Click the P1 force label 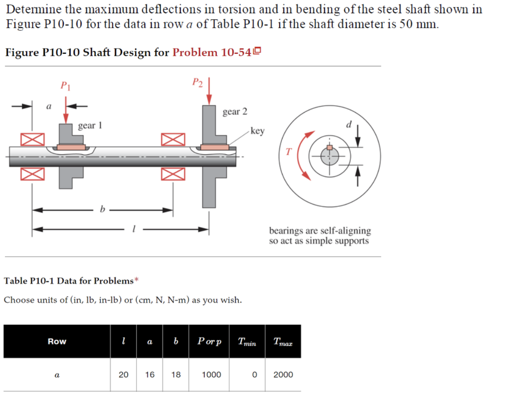coord(65,86)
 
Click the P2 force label coord(198,82)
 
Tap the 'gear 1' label coord(90,126)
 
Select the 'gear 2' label coord(235,112)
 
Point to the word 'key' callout coord(257,131)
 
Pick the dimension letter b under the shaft coord(102,210)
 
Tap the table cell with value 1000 coord(212,374)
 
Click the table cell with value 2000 coord(283,374)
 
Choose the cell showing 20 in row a coord(124,374)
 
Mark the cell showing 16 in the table coord(150,374)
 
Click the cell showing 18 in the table coord(176,374)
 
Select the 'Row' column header coord(57,341)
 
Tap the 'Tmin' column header coord(247,342)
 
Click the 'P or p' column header coord(210,341)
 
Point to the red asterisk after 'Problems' coord(137,280)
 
